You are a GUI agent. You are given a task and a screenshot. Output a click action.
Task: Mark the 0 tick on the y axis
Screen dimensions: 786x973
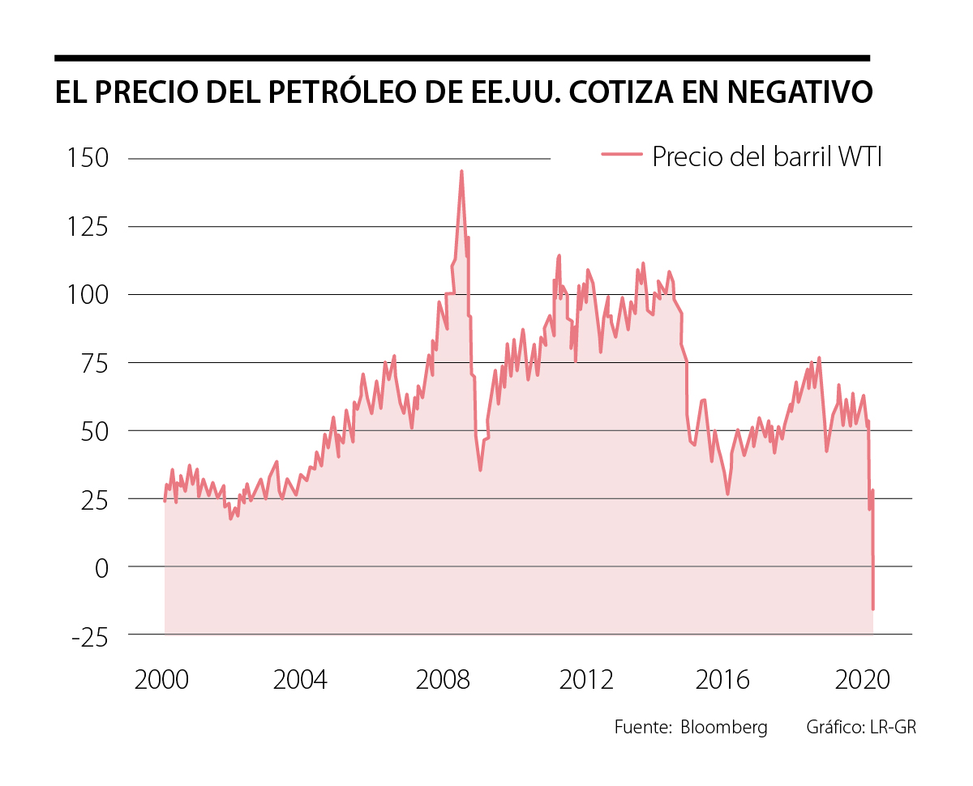[101, 567]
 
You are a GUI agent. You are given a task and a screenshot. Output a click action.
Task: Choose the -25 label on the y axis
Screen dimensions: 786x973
[89, 636]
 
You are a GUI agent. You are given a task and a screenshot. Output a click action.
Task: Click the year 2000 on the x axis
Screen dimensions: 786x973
[161, 680]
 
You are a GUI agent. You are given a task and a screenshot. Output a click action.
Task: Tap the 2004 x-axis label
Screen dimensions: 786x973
[301, 680]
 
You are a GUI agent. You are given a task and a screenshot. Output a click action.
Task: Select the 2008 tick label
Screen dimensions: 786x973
[443, 680]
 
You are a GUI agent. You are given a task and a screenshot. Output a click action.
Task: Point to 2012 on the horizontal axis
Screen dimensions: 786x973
[586, 680]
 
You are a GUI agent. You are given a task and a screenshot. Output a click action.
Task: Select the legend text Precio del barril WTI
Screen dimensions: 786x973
[766, 156]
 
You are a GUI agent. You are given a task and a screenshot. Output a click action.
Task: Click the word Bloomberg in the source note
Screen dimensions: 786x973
[724, 727]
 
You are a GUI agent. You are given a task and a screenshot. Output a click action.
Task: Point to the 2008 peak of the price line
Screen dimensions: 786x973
[461, 172]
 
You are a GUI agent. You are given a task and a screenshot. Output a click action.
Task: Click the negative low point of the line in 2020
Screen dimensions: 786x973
[873, 609]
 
